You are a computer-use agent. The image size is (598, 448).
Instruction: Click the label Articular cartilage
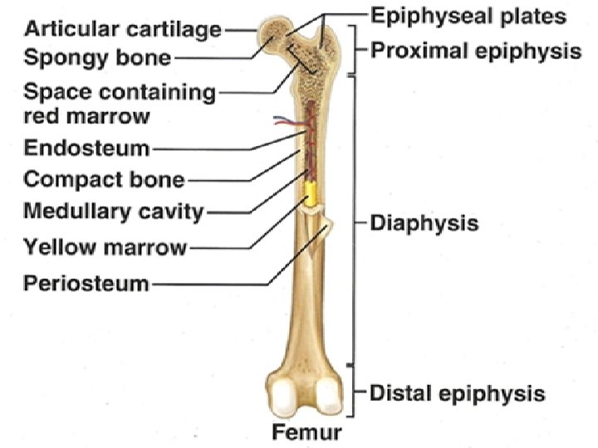click(123, 30)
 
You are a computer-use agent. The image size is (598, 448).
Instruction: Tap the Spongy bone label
click(97, 59)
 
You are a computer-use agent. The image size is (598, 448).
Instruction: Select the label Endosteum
click(86, 149)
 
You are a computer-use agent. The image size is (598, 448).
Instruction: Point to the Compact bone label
click(104, 179)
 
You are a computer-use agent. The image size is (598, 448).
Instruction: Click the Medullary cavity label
click(113, 211)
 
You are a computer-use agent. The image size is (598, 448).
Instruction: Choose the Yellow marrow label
click(105, 246)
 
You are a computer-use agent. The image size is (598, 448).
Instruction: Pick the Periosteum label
click(86, 284)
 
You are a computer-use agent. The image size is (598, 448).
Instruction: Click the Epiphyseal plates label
click(468, 16)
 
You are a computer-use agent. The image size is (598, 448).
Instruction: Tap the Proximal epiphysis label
click(475, 51)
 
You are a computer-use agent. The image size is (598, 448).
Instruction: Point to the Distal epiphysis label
click(457, 392)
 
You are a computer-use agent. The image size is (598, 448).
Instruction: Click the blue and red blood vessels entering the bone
click(287, 124)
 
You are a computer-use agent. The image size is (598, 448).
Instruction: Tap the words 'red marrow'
click(86, 116)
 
